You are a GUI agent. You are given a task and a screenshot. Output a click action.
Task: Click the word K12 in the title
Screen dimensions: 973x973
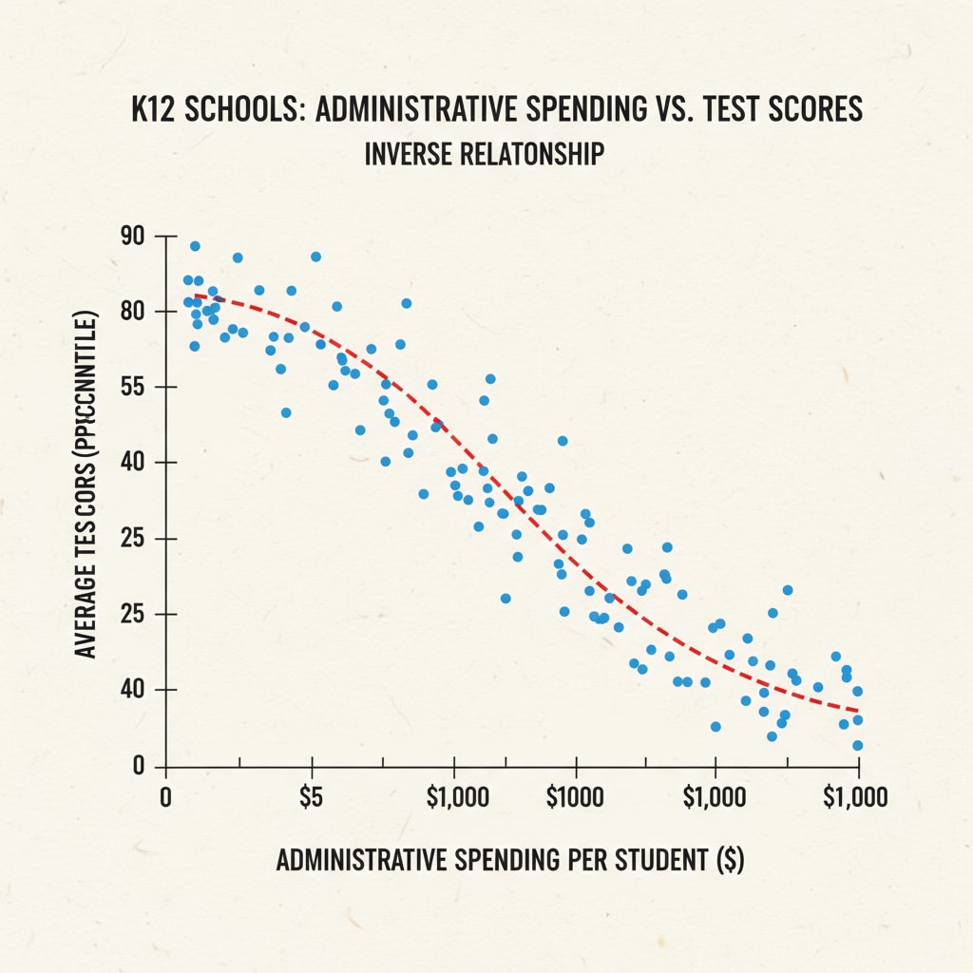[155, 109]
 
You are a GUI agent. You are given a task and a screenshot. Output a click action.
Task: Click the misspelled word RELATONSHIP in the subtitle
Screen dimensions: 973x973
[541, 153]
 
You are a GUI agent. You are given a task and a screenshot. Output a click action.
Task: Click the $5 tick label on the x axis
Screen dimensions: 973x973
[311, 796]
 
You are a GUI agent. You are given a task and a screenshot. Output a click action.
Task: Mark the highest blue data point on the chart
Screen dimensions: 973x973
[195, 246]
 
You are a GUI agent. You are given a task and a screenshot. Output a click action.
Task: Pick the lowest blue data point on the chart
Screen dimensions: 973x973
[857, 746]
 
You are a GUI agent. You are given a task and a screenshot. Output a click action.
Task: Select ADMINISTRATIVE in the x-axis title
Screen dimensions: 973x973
[361, 861]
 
